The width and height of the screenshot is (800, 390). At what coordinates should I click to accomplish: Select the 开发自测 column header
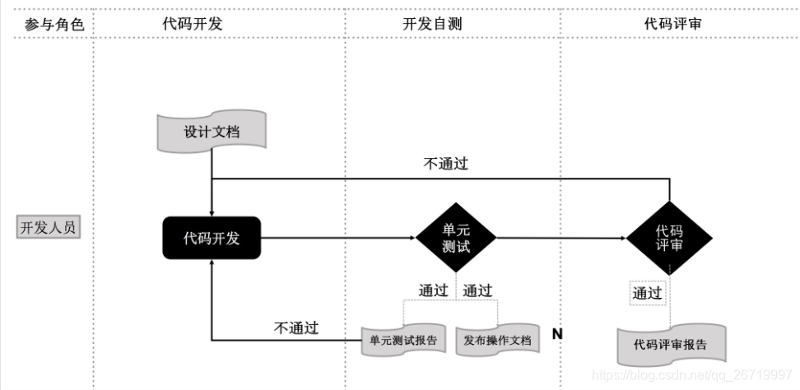point(432,25)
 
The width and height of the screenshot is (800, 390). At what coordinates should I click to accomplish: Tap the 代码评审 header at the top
point(672,25)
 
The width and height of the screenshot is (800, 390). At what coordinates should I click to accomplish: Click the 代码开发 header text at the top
point(193,25)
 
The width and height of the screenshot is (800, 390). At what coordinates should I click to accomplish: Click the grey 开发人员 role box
point(49,227)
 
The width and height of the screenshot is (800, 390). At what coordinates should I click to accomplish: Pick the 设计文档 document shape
point(212,132)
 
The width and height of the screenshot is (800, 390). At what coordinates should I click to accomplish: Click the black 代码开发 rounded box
point(212,239)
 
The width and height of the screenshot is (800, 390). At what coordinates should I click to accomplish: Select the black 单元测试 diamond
point(455,238)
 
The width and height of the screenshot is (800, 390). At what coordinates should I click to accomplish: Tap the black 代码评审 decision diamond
point(668,239)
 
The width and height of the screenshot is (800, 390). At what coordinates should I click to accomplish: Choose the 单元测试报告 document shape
point(402,340)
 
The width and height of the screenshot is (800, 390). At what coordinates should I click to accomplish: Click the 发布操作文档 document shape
point(496,340)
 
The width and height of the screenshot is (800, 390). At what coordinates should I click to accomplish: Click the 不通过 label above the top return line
point(445,164)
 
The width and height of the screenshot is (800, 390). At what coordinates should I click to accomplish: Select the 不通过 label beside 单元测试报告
point(295,327)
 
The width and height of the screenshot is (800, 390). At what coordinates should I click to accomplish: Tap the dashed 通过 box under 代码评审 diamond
point(647,293)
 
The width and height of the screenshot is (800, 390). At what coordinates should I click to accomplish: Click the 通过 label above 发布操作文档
point(477,290)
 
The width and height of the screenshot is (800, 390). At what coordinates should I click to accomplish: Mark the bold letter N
point(556,334)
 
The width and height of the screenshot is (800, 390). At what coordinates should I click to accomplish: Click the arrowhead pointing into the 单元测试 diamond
point(412,239)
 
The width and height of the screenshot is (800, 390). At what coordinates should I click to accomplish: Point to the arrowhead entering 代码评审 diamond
point(623,239)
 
